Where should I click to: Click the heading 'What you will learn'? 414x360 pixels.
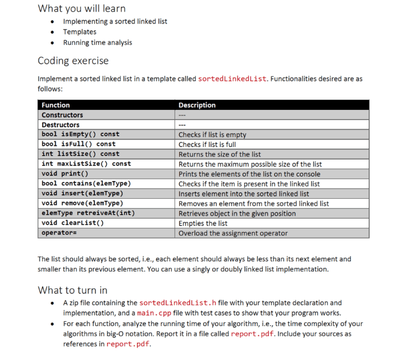pos(81,8)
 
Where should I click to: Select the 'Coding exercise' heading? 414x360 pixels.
pos(73,60)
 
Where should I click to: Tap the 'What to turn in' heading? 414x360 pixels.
pos(72,290)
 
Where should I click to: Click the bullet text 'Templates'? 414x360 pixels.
pos(80,32)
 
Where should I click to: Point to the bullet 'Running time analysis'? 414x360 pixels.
pos(98,43)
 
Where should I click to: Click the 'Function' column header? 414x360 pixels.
pos(56,105)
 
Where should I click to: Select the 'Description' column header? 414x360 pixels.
pos(197,105)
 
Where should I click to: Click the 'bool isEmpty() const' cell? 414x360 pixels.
pos(80,134)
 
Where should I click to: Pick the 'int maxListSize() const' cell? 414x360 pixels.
pos(86,164)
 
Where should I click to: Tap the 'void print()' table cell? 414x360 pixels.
pos(65,174)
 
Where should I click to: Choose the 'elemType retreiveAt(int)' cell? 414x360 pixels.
pos(88,213)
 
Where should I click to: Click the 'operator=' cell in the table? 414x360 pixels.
pos(59,233)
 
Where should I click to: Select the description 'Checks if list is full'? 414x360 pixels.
pos(215,144)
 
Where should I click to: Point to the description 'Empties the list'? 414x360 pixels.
pos(203,223)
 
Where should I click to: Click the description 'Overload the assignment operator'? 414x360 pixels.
pos(233,233)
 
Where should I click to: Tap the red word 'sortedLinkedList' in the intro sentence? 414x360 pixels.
pos(232,79)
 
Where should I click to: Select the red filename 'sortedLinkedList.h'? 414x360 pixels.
pos(177,303)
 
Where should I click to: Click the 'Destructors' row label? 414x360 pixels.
pos(60,124)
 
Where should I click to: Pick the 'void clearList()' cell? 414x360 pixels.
pos(73,223)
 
